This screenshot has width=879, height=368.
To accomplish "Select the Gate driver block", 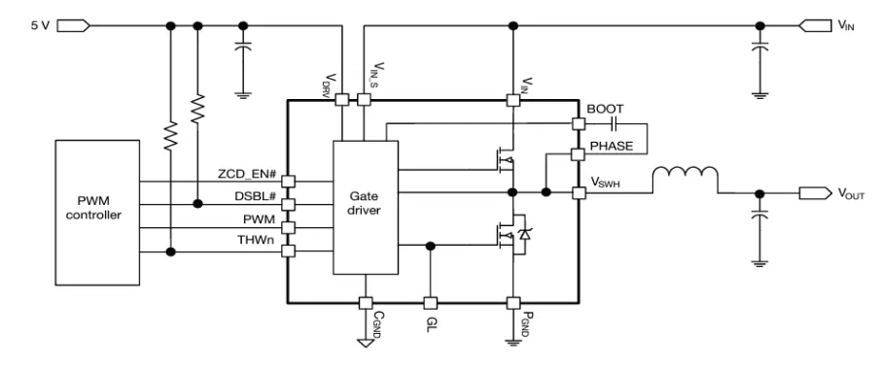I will click(365, 207).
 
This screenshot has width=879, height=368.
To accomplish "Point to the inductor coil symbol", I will click(684, 176).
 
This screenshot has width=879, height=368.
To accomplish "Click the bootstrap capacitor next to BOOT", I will click(615, 123).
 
